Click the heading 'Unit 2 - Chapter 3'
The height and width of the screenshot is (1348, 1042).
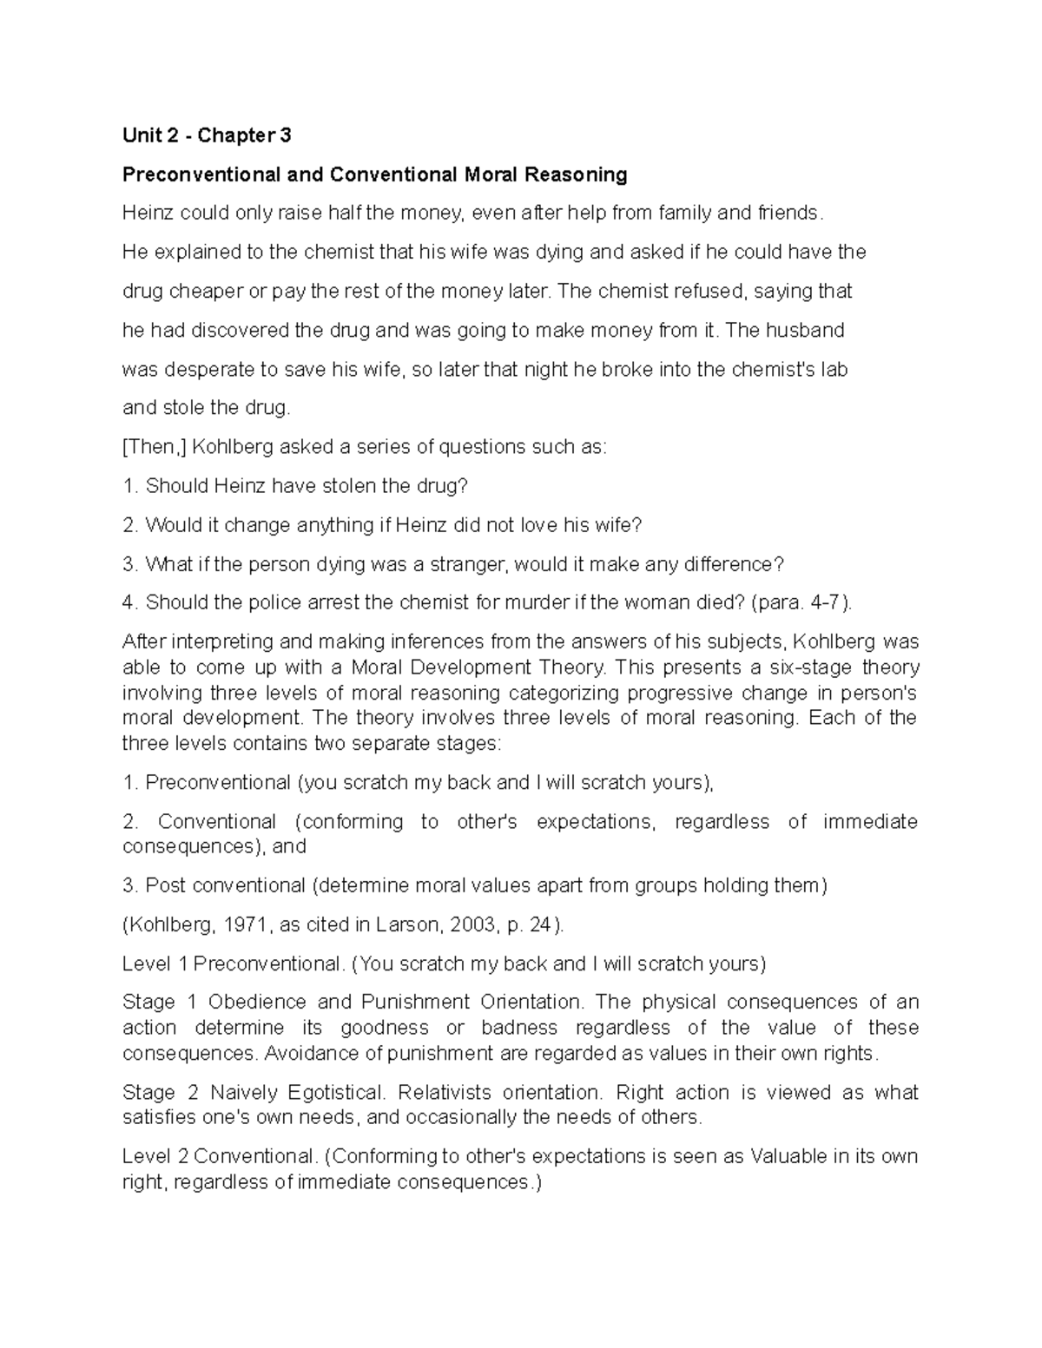[207, 135]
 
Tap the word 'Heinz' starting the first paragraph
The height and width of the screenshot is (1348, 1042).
[148, 213]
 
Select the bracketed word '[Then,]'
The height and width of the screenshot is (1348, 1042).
[154, 447]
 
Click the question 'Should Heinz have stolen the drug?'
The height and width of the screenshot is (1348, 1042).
[307, 486]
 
